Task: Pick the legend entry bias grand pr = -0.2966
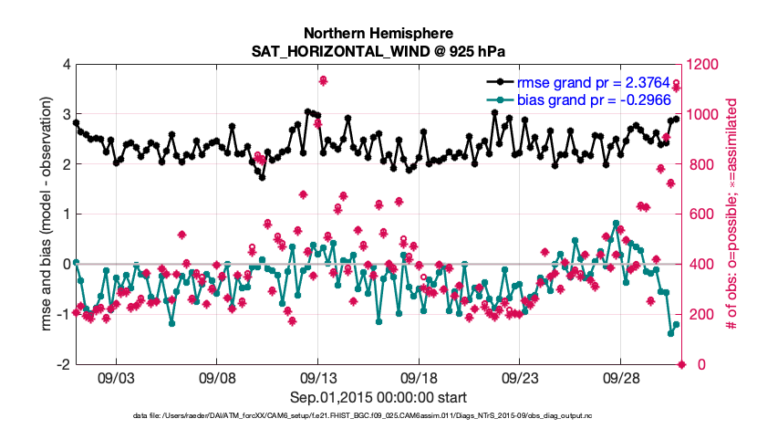(x=583, y=99)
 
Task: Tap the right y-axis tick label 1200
(x=706, y=65)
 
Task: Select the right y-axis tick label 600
(x=702, y=214)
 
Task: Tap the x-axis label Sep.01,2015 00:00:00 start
(x=378, y=397)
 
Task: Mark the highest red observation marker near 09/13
(x=323, y=81)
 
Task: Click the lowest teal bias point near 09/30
(x=670, y=333)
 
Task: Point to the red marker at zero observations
(x=681, y=365)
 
